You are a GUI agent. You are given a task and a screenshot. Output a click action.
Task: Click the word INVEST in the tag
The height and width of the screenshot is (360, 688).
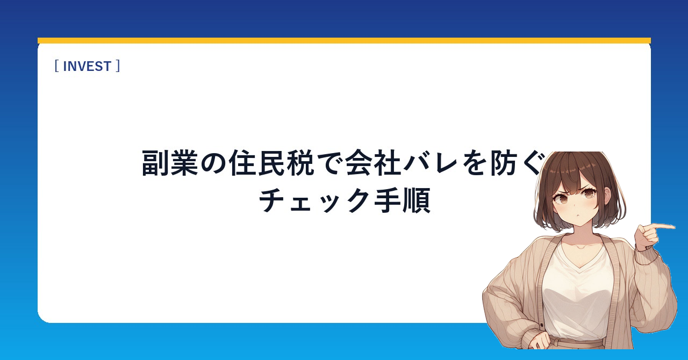tap(87, 66)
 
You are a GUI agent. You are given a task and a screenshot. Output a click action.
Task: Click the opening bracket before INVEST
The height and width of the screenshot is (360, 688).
tap(56, 66)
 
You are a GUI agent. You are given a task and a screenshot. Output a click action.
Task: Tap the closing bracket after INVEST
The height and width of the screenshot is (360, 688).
tap(118, 66)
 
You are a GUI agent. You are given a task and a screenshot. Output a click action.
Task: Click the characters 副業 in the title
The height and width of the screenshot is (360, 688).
tap(170, 163)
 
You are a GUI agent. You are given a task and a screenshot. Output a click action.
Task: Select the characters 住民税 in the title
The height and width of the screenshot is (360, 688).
tap(271, 163)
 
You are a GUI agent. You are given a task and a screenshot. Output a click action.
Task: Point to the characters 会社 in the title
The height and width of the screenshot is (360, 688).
tap(373, 163)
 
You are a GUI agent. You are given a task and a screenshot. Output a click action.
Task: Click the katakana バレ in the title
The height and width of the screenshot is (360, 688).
tap(431, 163)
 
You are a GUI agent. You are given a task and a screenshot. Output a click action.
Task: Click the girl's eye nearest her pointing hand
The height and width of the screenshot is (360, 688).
tap(587, 194)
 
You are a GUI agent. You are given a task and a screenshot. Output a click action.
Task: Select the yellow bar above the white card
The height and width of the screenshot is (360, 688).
tap(344, 40)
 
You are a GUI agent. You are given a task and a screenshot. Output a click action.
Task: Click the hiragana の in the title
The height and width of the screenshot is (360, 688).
tap(214, 163)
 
